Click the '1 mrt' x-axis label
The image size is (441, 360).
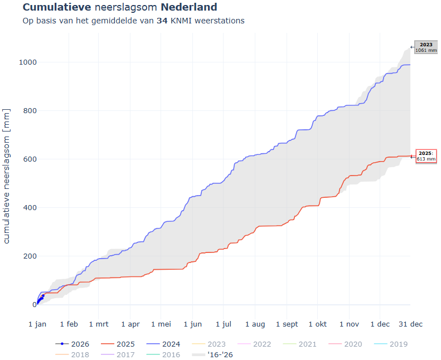(x=99, y=324)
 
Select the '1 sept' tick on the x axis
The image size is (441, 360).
(x=287, y=324)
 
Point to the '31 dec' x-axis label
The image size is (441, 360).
(x=410, y=324)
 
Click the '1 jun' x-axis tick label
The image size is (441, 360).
(x=192, y=324)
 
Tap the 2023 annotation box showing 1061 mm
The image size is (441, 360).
(x=426, y=47)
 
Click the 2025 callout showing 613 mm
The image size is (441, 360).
(x=426, y=156)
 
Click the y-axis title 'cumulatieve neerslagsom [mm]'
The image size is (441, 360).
(x=7, y=176)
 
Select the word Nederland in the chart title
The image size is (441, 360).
(x=189, y=8)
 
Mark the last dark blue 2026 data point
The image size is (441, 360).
(x=43, y=296)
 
